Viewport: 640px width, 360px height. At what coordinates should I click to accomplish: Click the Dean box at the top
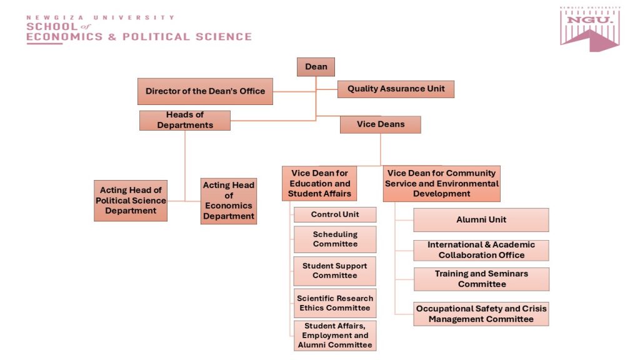[316, 67]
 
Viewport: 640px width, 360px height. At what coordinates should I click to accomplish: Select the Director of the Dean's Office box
[205, 91]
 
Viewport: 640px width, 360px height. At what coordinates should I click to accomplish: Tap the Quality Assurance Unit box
[396, 89]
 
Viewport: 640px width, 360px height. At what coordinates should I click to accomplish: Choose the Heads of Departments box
[185, 121]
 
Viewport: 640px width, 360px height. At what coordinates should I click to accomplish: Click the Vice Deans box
[381, 124]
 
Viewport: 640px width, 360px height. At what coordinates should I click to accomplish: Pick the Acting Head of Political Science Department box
[131, 201]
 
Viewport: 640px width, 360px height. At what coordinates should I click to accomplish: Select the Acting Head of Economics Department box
[229, 201]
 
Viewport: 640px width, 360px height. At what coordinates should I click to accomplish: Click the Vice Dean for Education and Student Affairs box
[319, 183]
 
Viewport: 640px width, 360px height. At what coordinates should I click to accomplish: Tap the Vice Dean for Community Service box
[442, 184]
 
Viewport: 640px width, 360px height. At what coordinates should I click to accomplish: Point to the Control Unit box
[335, 215]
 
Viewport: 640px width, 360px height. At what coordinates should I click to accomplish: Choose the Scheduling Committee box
[335, 239]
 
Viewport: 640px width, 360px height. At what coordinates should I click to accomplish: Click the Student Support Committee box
[335, 271]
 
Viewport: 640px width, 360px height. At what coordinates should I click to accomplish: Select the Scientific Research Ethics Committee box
[335, 303]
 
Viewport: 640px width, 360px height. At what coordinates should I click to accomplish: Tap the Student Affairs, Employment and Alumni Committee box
[335, 336]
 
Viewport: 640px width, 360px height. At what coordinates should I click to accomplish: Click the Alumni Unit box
[481, 220]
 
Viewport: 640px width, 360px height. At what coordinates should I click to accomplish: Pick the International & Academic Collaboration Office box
[481, 250]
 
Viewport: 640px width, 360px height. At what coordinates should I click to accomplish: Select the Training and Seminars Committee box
[482, 279]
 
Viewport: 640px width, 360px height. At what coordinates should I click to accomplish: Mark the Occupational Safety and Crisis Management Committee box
[481, 314]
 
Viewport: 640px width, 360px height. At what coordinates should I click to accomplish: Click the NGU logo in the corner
[590, 29]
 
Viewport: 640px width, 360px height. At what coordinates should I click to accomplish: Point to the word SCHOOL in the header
[52, 27]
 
